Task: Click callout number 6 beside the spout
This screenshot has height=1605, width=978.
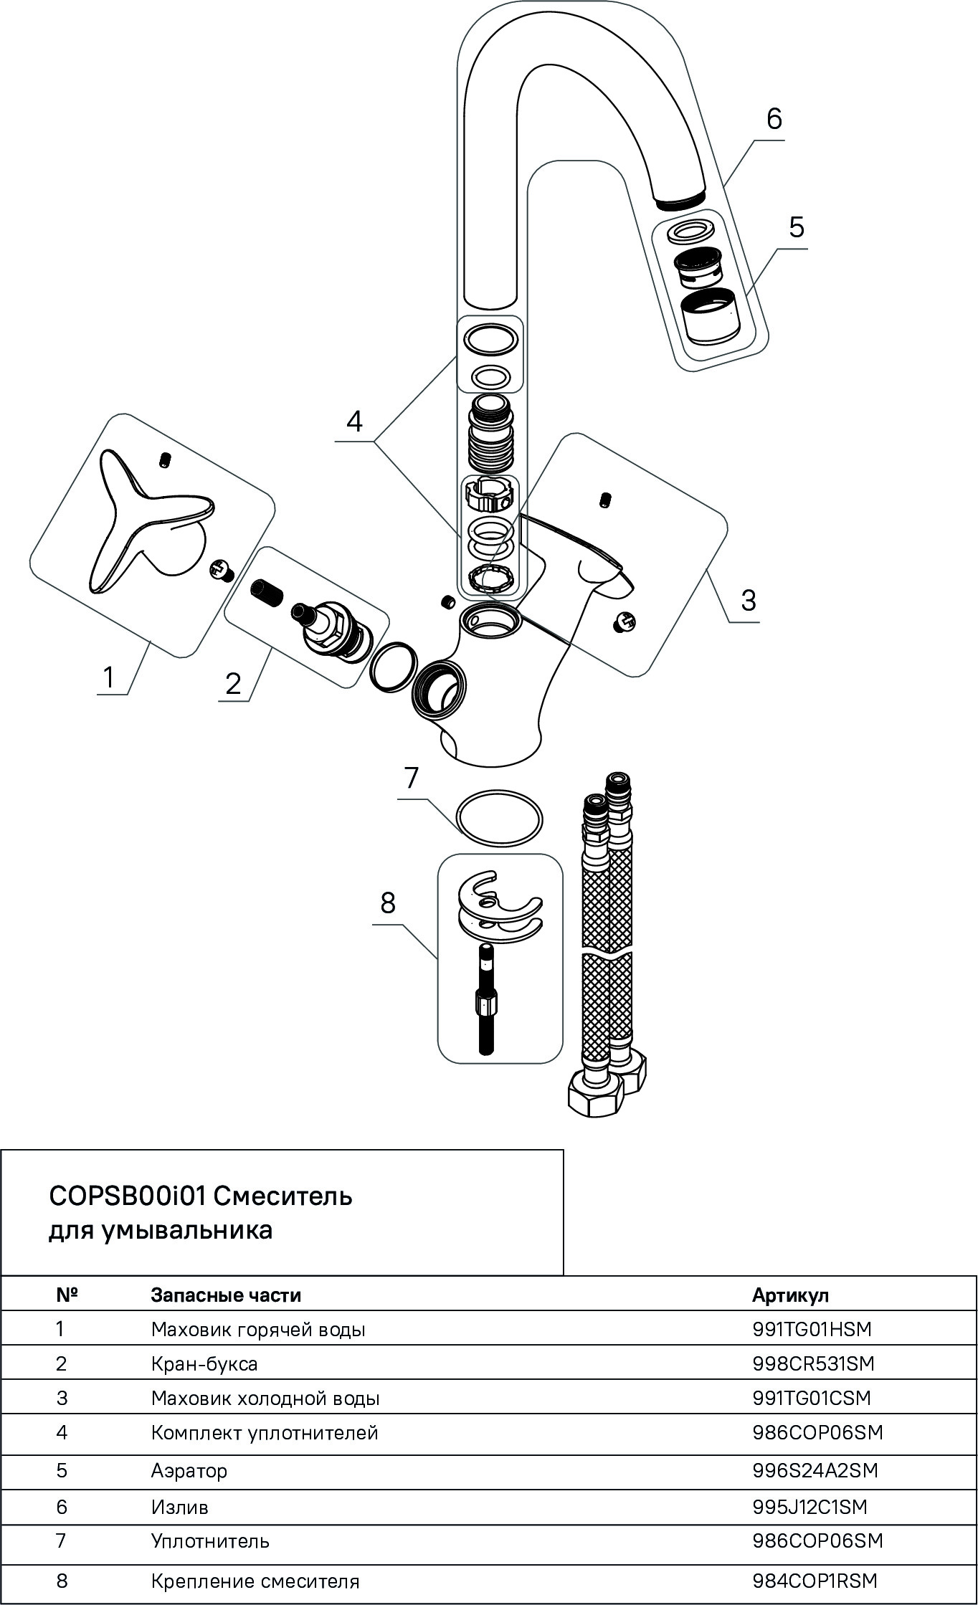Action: (774, 118)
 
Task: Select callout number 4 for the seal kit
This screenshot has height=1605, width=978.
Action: (354, 421)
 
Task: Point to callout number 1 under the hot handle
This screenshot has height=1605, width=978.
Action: (108, 676)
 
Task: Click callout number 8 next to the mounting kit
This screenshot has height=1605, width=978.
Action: (388, 903)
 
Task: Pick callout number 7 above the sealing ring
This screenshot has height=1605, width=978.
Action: (411, 778)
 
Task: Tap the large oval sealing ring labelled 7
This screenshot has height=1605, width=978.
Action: (499, 819)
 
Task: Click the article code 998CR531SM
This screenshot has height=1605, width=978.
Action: (813, 1363)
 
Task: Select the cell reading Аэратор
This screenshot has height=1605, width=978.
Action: (189, 1471)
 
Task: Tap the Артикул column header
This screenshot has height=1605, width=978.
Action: (790, 1295)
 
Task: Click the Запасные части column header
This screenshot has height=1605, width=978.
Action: (226, 1295)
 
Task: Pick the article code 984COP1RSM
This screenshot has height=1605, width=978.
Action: (815, 1581)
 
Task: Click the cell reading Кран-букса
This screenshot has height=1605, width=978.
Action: (204, 1363)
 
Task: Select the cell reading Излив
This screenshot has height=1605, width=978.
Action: (179, 1507)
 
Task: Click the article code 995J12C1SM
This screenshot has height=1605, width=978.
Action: (810, 1507)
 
